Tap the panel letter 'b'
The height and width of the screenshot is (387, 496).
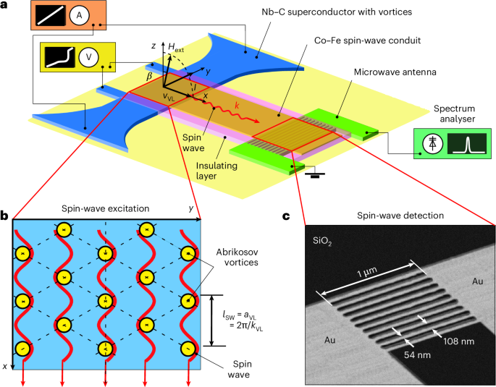5,215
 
